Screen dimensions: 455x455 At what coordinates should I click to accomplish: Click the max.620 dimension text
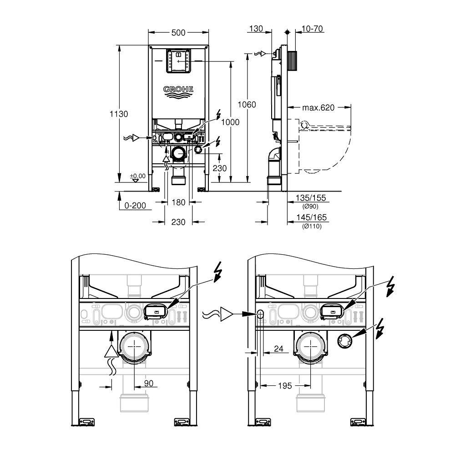(x=318, y=108)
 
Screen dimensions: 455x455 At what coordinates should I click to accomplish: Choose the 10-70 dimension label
(x=313, y=29)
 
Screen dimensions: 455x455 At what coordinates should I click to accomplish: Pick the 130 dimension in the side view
(x=256, y=29)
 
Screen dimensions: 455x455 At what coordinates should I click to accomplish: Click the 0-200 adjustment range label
(x=135, y=206)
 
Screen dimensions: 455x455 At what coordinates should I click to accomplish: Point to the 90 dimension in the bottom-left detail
(x=149, y=383)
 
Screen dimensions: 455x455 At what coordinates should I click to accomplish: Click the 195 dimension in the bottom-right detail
(x=285, y=386)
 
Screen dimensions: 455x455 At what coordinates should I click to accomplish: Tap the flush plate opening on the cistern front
(x=178, y=61)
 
